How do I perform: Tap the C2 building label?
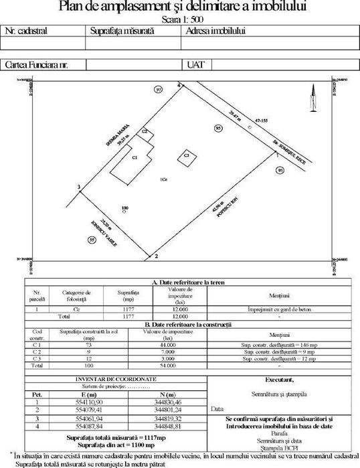pyautogui.click(x=144, y=133)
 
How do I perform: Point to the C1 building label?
pyautogui.click(x=134, y=157)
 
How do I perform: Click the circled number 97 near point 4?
pyautogui.click(x=159, y=89)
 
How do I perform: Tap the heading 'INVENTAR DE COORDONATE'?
pyautogui.click(x=116, y=379)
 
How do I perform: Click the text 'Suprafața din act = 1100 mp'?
pyautogui.click(x=116, y=445)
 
